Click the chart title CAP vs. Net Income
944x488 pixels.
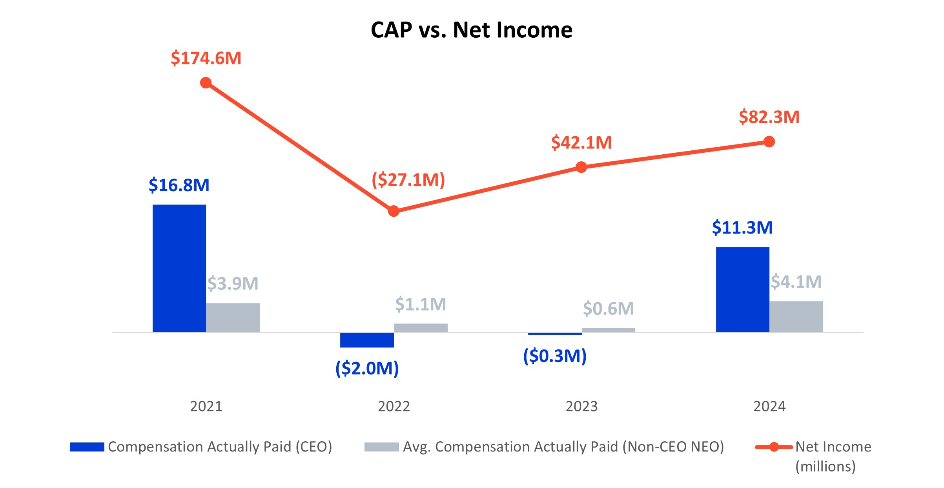[x=471, y=30]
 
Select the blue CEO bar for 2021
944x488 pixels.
[x=179, y=268]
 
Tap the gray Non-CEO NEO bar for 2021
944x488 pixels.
[x=233, y=317]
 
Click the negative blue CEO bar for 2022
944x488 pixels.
[x=367, y=340]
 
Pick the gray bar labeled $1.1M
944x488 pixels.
[x=421, y=327]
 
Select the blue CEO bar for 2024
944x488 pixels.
[x=742, y=289]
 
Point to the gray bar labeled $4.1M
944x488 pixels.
[x=796, y=316]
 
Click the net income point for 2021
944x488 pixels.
[x=206, y=83]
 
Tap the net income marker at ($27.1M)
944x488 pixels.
[x=394, y=211]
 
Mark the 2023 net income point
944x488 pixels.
[x=581, y=167]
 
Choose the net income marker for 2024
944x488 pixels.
[x=769, y=142]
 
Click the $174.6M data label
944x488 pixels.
[x=206, y=58]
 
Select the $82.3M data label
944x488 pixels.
[x=769, y=117]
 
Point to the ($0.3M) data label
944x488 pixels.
[x=555, y=356]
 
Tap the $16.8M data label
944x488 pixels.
[x=179, y=185]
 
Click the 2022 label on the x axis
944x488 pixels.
[x=394, y=406]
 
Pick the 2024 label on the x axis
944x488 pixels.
[x=769, y=406]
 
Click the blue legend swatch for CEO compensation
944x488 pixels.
[x=87, y=447]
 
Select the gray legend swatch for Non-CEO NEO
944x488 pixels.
[x=381, y=447]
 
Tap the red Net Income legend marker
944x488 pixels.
[x=774, y=447]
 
